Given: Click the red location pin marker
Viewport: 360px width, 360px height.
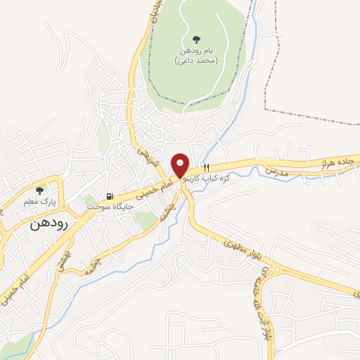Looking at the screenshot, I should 181,165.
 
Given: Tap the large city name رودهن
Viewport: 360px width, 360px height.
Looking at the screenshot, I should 49,225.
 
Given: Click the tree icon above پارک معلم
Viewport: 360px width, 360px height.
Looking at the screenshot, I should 39,191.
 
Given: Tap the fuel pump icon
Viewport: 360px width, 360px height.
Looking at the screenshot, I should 109,197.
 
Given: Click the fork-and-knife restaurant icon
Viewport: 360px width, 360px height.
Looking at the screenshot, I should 206,168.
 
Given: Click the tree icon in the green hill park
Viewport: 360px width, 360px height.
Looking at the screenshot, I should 195,39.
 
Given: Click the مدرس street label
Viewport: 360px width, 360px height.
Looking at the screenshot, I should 278,170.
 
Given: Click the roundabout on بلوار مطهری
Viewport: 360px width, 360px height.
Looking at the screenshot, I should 276,269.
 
